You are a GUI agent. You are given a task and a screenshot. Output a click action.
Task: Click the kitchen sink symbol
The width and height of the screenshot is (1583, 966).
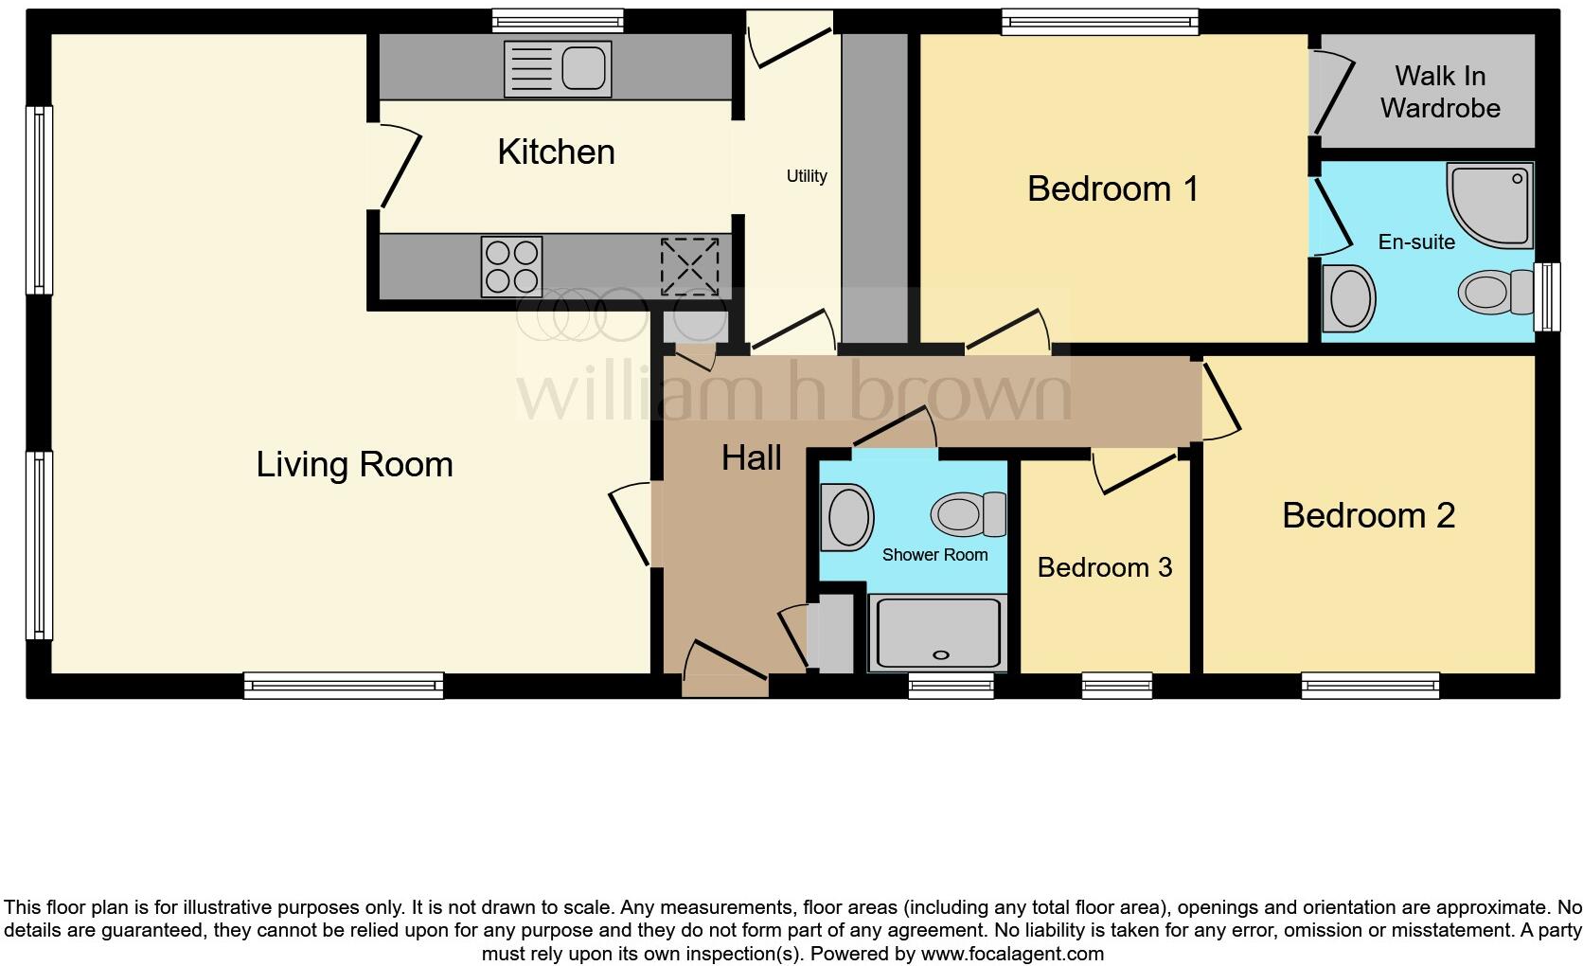point(558,68)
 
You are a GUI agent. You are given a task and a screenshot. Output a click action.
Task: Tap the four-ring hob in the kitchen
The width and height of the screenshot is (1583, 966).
point(511,266)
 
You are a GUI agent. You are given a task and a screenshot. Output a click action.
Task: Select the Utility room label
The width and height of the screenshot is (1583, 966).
point(807,176)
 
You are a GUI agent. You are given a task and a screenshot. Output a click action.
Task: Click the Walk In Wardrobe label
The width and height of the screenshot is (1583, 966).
point(1439,92)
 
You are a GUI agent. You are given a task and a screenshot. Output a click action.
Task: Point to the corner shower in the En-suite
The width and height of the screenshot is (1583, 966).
point(1491,203)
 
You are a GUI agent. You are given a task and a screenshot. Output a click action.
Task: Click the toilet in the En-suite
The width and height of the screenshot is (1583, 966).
point(1496,292)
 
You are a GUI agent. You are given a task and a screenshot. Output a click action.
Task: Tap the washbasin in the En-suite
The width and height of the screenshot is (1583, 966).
point(1348,298)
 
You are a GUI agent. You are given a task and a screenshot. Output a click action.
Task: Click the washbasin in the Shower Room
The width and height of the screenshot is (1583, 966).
point(846,517)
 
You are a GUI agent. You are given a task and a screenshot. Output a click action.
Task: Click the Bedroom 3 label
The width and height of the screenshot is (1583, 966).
point(1104,567)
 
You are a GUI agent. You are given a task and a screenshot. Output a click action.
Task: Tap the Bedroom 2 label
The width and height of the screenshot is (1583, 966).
point(1368,516)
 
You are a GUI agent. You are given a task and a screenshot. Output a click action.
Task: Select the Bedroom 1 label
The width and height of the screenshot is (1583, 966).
point(1112,188)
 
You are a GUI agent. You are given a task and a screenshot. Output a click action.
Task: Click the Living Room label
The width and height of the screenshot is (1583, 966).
point(354,465)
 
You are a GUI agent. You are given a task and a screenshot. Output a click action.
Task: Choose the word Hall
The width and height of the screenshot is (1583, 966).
point(751,458)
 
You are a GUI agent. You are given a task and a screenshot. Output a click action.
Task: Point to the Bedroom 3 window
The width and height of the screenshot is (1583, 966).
point(1117,685)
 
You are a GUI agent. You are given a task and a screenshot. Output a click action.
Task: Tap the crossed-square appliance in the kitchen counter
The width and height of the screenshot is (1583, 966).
point(689,266)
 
